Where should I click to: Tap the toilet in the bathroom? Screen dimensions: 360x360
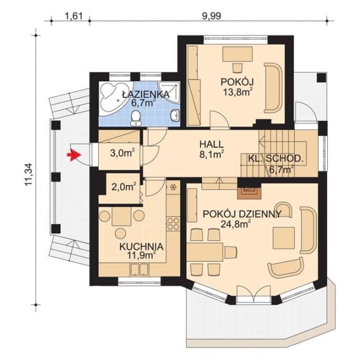[136, 118]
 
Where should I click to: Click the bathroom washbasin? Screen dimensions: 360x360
[175, 115]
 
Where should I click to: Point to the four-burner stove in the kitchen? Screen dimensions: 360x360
[173, 224]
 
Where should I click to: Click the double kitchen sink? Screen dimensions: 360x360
[139, 270]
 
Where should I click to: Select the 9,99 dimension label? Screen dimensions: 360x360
[211, 16]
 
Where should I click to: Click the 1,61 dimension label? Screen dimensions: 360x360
[73, 16]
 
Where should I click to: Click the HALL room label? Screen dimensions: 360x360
[211, 145]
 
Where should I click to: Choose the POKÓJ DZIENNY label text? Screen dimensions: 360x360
[242, 214]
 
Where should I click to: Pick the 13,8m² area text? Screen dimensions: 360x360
[238, 92]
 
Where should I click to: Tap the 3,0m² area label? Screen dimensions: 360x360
[122, 153]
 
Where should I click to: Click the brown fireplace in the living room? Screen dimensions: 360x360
[249, 192]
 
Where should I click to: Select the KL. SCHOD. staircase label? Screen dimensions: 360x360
[275, 158]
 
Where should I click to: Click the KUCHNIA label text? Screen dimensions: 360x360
[141, 247]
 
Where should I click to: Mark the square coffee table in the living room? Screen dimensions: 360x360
[283, 238]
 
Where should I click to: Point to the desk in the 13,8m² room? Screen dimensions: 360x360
[237, 54]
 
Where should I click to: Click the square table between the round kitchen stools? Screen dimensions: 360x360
[122, 216]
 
